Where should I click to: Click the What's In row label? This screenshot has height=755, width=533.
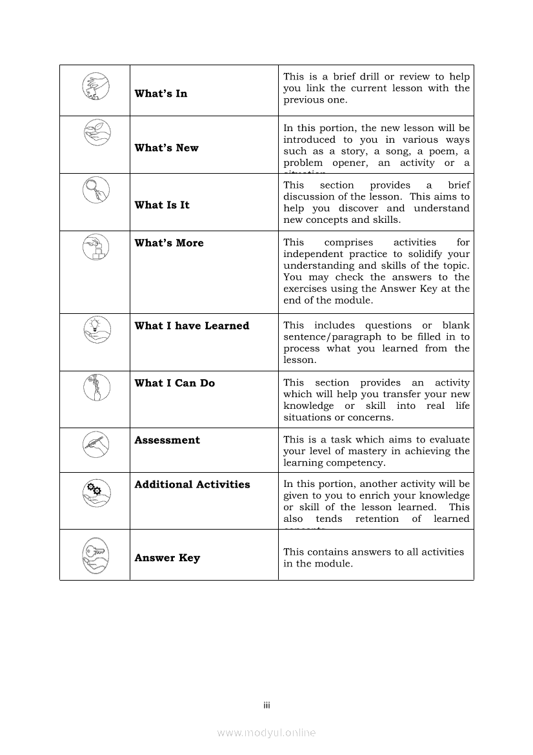[161, 94]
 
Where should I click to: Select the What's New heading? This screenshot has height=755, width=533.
[166, 148]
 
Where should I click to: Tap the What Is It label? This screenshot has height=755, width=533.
[162, 205]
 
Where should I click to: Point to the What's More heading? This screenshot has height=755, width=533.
[169, 243]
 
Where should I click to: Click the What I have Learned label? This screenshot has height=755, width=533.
[192, 326]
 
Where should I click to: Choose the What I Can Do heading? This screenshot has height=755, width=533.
[174, 383]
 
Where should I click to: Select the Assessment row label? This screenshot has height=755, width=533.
[167, 440]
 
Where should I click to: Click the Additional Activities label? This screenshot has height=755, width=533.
[192, 484]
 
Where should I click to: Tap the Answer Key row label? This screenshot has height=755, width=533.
[167, 558]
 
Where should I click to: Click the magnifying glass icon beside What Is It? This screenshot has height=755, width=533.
[96, 189]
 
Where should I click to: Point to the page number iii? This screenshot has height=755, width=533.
[266, 705]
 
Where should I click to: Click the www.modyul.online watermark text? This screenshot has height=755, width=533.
[266, 732]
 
